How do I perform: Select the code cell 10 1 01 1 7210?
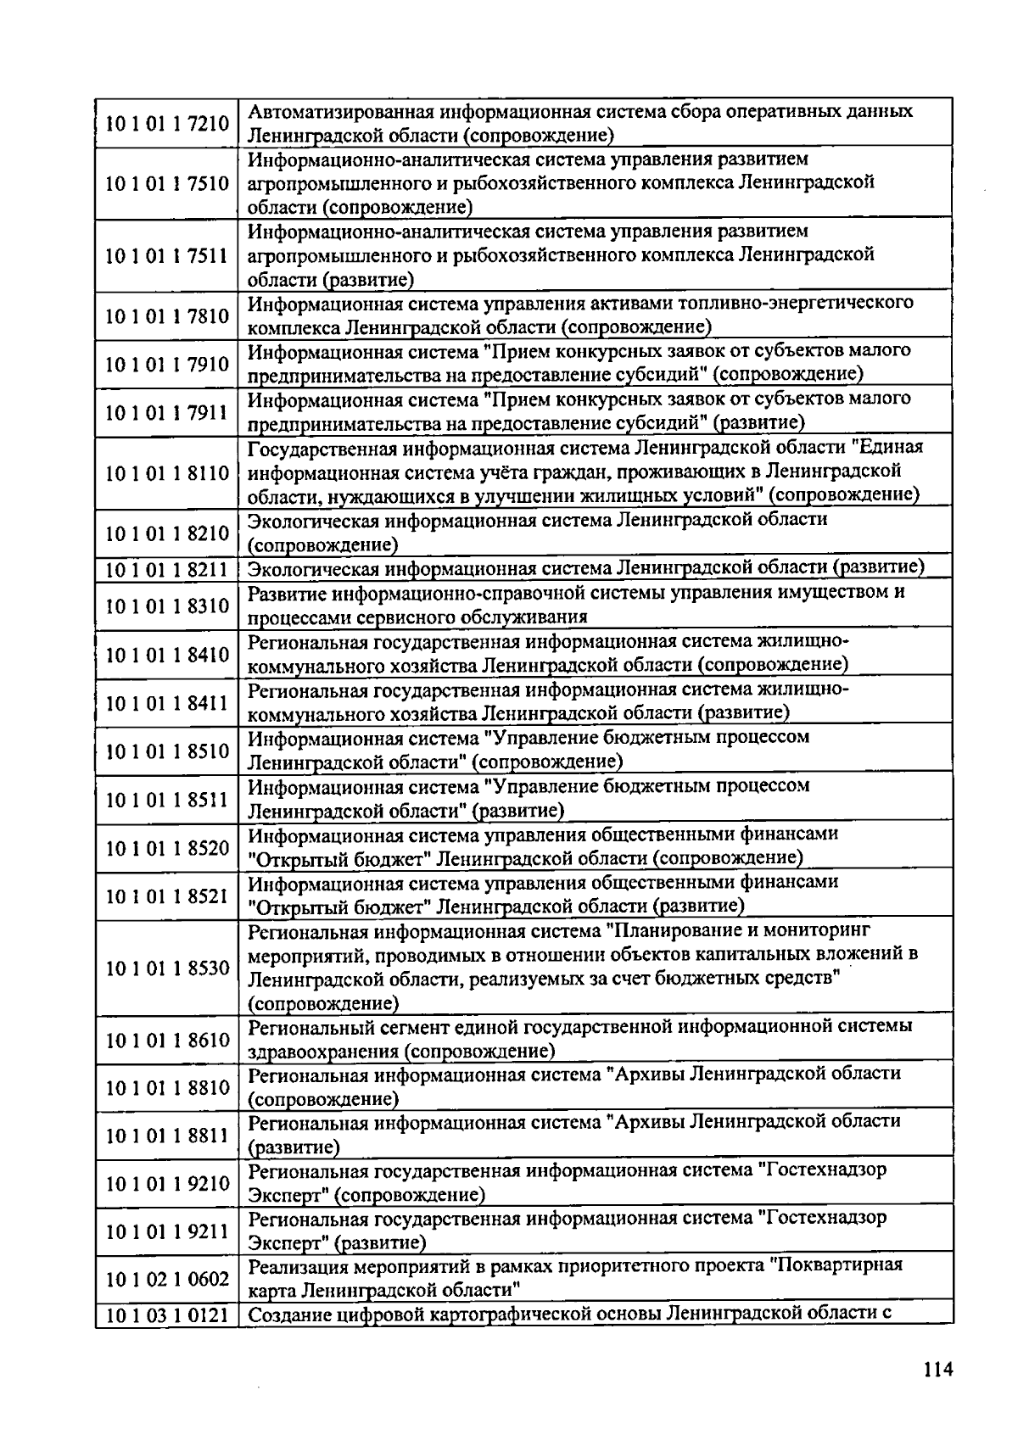(167, 124)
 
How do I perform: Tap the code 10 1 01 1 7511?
(167, 256)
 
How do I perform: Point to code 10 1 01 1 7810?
(167, 316)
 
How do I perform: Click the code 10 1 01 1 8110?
(167, 473)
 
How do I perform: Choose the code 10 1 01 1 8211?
(167, 568)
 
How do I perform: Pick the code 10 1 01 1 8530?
(167, 968)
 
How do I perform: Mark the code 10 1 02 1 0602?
(167, 1279)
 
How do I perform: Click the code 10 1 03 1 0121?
(167, 1315)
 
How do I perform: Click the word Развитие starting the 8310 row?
(285, 593)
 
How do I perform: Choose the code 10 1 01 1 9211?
(167, 1231)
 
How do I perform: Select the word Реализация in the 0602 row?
(297, 1266)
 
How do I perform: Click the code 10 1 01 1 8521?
(167, 896)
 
